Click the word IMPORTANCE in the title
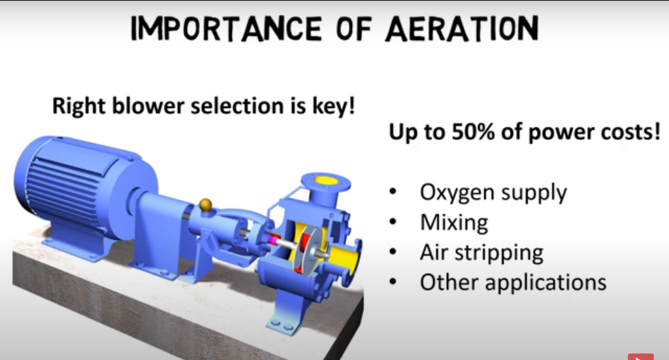coord(226,29)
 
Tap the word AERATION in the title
coord(462,29)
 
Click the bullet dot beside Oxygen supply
coord(393,192)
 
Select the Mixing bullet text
coord(454,223)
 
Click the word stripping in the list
coord(498,253)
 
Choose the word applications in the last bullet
coord(546,282)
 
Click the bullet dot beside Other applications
coord(393,282)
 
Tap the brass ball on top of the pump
coord(206,205)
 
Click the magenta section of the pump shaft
coord(272,240)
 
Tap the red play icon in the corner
coord(640,357)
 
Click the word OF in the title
coord(353,29)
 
